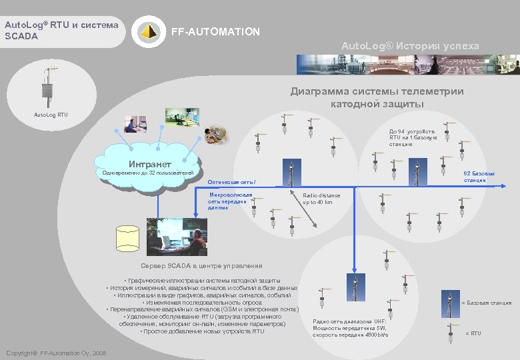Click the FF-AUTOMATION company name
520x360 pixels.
(215, 32)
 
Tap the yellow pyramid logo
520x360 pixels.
(148, 31)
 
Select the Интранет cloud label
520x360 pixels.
(149, 164)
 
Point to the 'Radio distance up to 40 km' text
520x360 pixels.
(321, 199)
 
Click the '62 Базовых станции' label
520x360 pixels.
(475, 177)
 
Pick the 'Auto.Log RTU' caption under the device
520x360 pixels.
(51, 115)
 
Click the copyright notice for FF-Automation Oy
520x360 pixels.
(55, 353)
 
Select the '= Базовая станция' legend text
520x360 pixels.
(486, 303)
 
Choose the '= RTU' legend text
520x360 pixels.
(473, 333)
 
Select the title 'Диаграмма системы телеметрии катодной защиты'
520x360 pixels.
(377, 98)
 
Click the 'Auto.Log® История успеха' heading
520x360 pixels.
(410, 45)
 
